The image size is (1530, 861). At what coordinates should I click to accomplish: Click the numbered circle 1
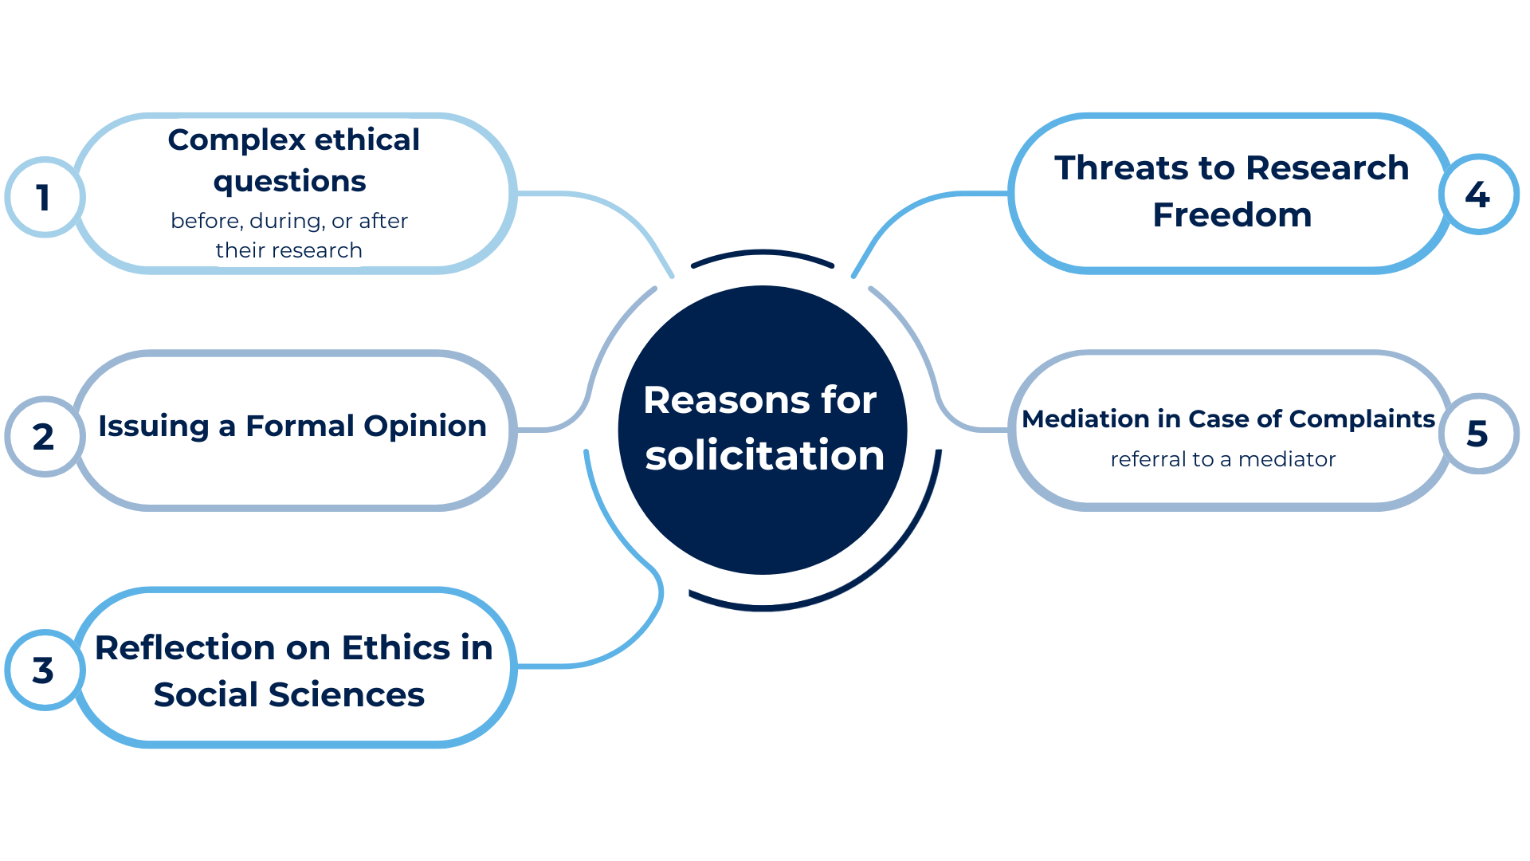(45, 197)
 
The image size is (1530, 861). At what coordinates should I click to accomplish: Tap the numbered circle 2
(45, 436)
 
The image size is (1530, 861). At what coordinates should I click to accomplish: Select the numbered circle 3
(45, 670)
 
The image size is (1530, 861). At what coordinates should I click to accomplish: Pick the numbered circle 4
(1478, 194)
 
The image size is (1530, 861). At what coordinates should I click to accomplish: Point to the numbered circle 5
(1478, 433)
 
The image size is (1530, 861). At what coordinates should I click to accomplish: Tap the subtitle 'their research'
(288, 250)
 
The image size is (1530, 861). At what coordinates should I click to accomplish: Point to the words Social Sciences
(289, 694)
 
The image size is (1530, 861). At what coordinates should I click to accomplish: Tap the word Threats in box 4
(1123, 167)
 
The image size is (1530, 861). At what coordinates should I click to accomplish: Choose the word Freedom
(1232, 214)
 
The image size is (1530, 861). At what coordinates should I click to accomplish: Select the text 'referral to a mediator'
(1223, 459)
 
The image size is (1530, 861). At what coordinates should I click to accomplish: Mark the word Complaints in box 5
(1362, 419)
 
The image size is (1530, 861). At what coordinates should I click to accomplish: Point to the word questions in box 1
(289, 183)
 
